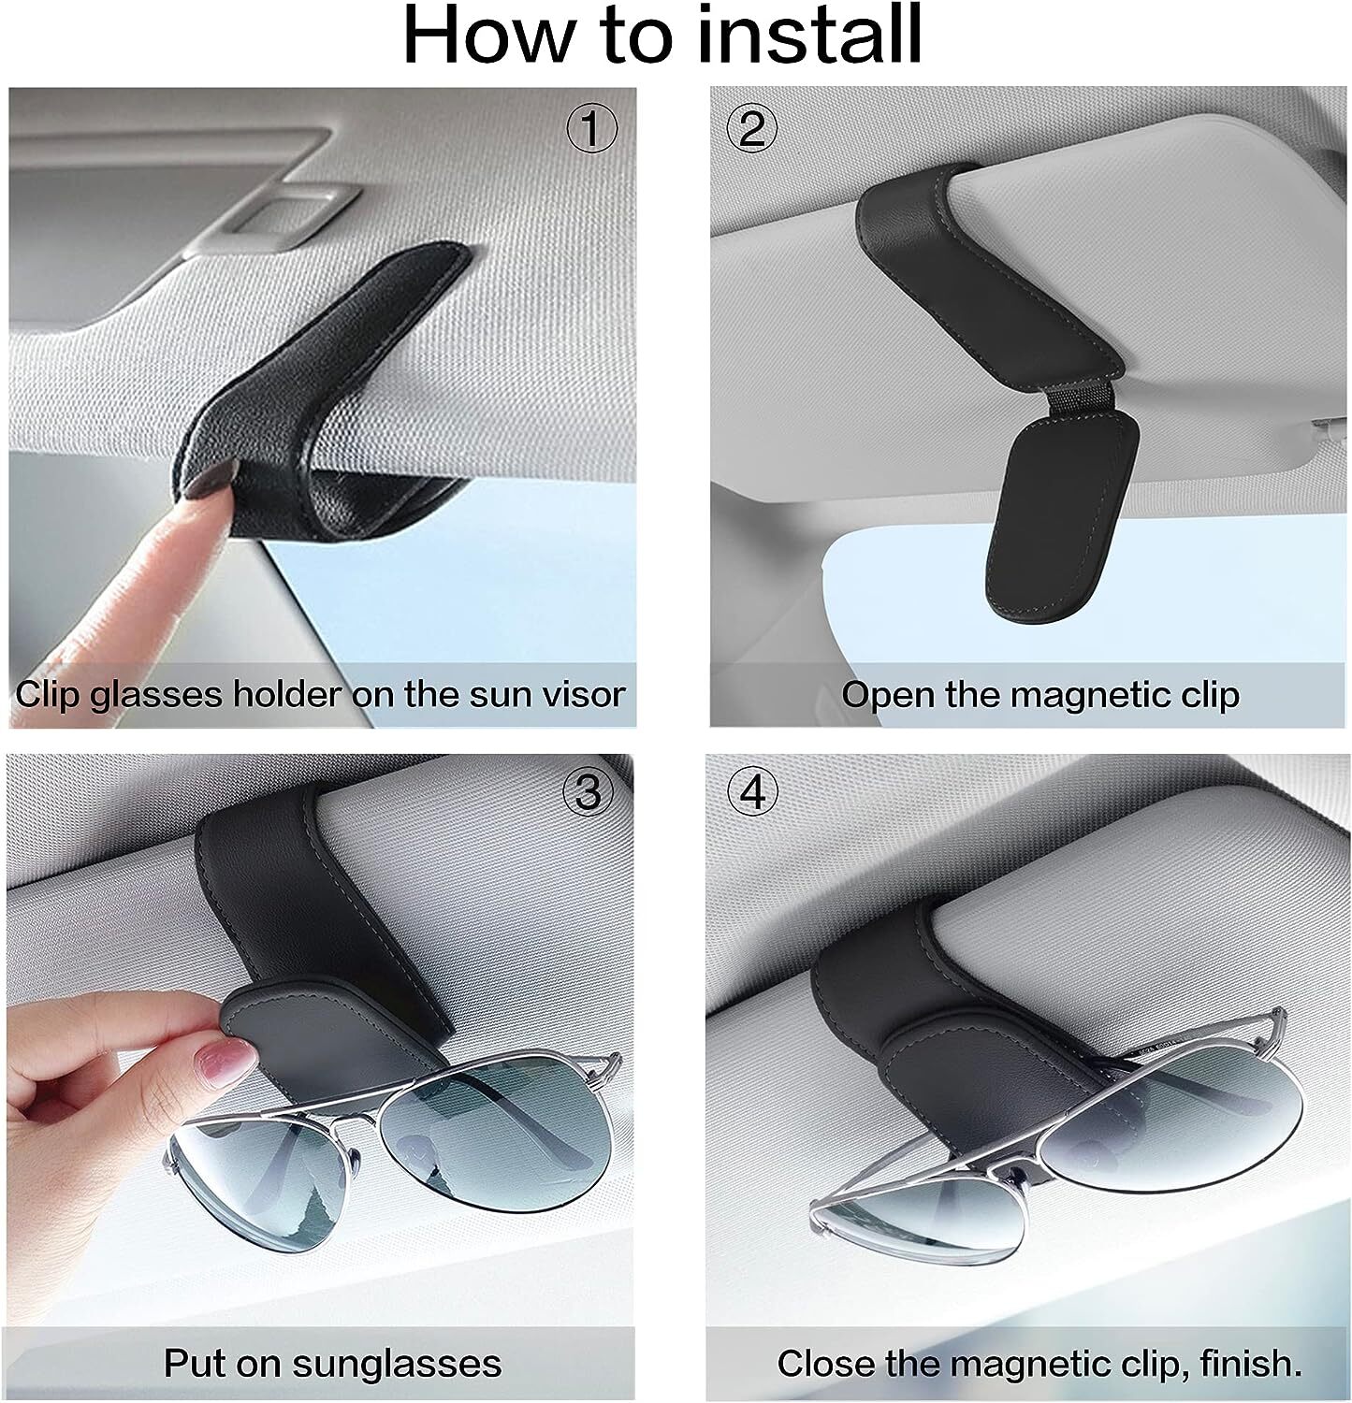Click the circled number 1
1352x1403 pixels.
(591, 130)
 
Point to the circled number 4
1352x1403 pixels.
(752, 793)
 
